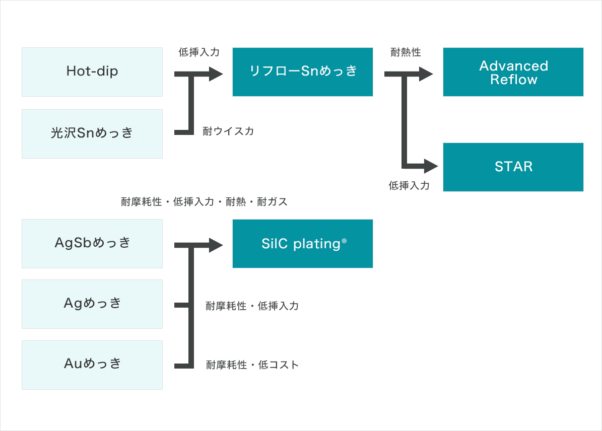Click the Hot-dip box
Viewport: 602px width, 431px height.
tap(92, 72)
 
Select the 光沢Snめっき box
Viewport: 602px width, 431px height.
tap(92, 133)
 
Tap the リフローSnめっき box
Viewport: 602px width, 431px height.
tap(303, 72)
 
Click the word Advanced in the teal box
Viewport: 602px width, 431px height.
tap(514, 65)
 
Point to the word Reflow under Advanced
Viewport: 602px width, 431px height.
tap(514, 80)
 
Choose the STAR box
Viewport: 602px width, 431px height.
tap(513, 167)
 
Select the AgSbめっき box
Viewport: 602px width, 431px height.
tap(92, 243)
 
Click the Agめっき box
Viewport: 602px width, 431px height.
tap(92, 304)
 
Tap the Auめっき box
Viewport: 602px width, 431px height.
tap(92, 365)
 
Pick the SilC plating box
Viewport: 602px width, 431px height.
tap(303, 243)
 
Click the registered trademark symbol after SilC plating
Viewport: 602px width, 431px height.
tap(344, 241)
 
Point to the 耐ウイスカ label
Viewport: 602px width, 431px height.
tap(228, 131)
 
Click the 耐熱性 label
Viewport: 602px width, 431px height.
tap(406, 52)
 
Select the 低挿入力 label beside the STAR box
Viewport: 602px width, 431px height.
tap(409, 186)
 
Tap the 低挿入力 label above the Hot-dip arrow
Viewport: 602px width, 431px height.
tap(199, 52)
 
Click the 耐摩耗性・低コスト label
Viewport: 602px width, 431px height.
tap(252, 365)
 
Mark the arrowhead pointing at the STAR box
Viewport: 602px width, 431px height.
tap(431, 166)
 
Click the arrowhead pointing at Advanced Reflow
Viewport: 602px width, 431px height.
tap(426, 74)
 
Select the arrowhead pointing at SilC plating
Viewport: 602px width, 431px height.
tap(216, 245)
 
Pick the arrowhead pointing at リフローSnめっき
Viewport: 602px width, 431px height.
tap(216, 74)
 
